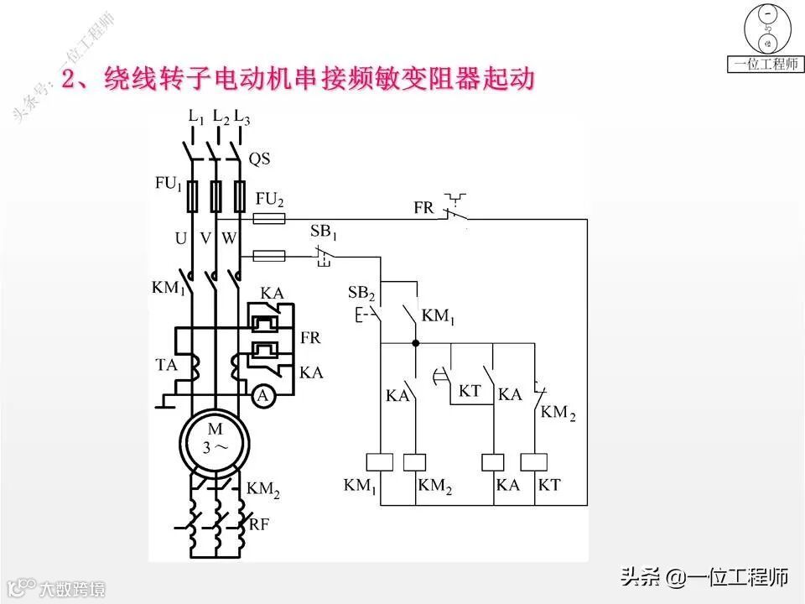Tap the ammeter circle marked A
(263, 396)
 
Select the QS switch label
(260, 159)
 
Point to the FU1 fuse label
(167, 184)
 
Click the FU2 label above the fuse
(270, 201)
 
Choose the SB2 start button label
(361, 292)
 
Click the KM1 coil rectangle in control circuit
(381, 461)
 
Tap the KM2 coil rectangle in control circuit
(415, 461)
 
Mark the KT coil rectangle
(533, 461)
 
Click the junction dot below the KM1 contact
(416, 343)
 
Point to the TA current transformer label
(166, 366)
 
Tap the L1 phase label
(196, 117)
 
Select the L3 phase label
(241, 117)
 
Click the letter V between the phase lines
(205, 238)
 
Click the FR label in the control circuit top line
(423, 207)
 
